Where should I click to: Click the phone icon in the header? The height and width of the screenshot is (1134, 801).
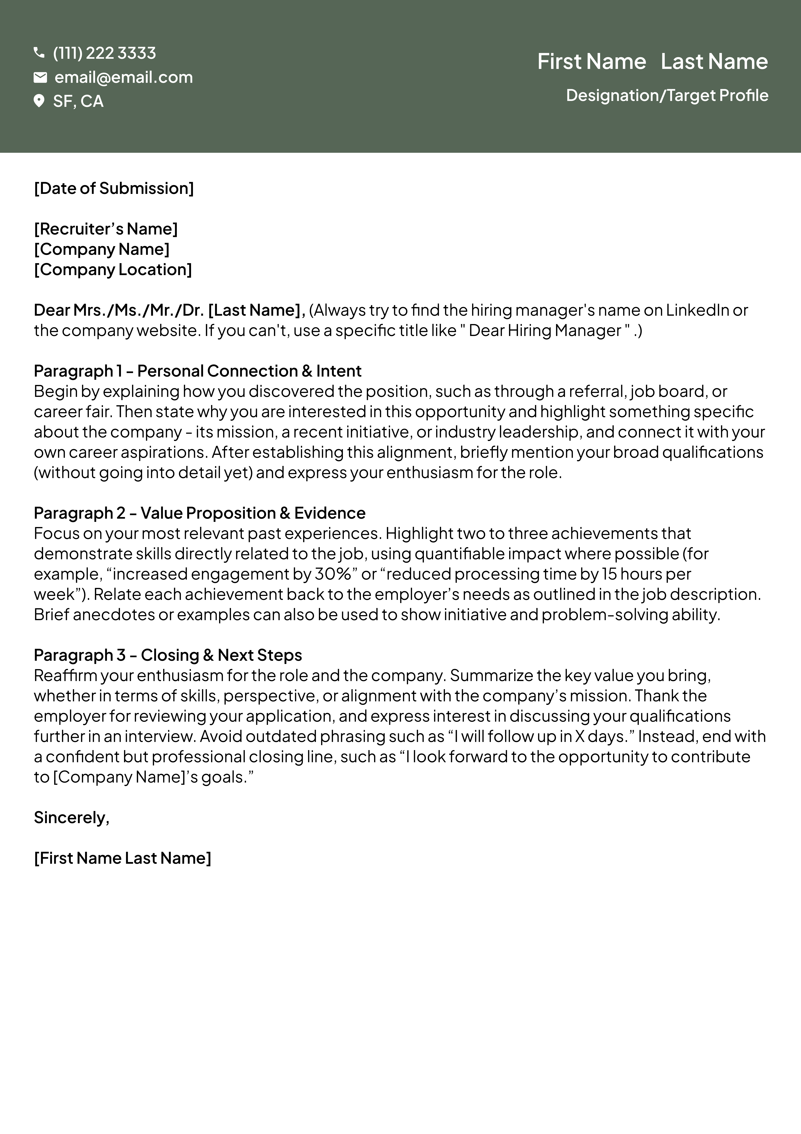39,52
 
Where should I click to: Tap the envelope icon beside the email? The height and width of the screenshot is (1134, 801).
40,77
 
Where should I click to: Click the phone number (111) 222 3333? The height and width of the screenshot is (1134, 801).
104,53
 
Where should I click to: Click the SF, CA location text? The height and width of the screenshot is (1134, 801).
78,101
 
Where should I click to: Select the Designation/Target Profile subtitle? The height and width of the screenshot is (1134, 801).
667,95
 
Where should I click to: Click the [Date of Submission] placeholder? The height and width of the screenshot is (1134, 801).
114,188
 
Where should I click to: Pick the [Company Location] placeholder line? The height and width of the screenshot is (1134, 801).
113,270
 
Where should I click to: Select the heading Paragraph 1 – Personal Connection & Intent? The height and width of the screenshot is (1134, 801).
198,371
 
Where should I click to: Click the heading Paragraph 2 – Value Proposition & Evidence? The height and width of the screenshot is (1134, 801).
199,513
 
